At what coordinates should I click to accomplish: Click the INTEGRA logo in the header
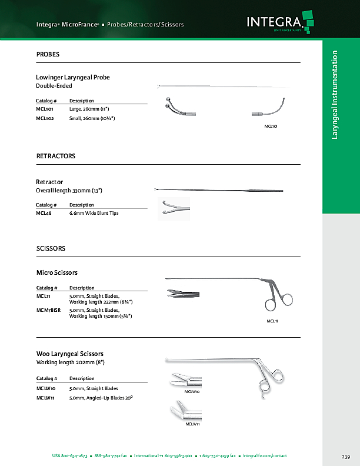(x=276, y=23)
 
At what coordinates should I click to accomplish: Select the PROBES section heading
(x=48, y=55)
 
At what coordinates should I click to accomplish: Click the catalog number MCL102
(x=45, y=118)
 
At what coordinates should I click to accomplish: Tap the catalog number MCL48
(x=44, y=213)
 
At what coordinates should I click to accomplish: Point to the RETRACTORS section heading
(x=56, y=157)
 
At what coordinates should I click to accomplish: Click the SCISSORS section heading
(x=51, y=249)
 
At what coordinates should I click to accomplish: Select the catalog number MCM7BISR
(x=48, y=310)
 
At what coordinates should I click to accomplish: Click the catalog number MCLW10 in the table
(x=46, y=389)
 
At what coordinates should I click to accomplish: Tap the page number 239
(x=346, y=457)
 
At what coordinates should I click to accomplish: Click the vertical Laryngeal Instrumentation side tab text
(x=335, y=95)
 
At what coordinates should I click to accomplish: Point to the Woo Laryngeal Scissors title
(x=70, y=354)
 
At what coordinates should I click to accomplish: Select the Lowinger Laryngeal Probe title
(x=73, y=77)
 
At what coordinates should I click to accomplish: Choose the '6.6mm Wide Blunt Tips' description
(x=94, y=213)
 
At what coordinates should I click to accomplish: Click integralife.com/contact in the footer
(x=266, y=457)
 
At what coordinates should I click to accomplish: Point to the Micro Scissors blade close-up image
(x=183, y=293)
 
